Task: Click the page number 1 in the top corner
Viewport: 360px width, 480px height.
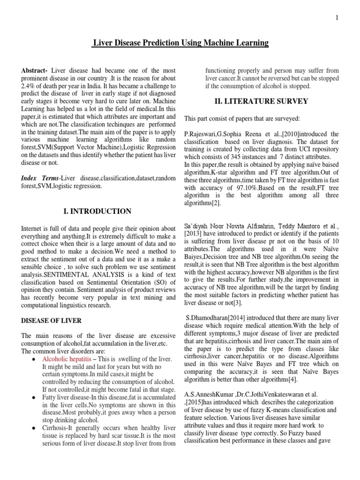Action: [337, 18]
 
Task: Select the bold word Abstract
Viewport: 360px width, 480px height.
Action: [34, 70]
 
